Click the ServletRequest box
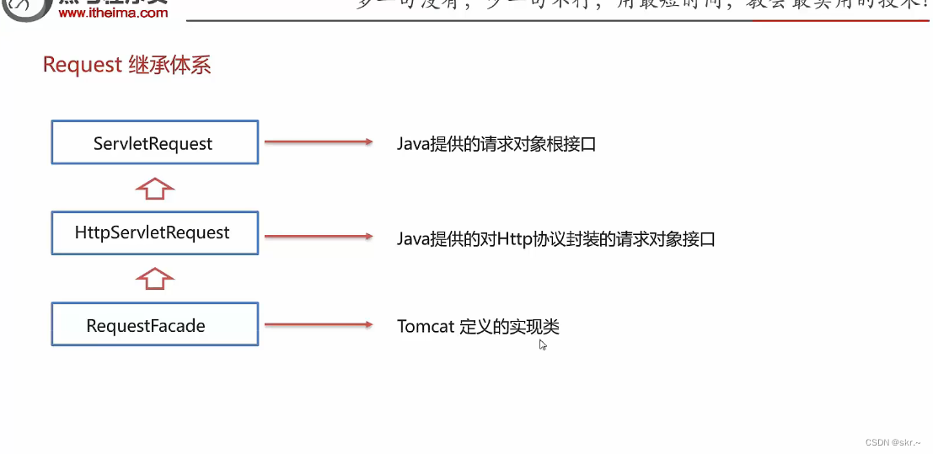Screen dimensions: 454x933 [x=154, y=142]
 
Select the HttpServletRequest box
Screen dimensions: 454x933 [x=154, y=233]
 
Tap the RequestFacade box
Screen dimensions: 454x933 [x=154, y=325]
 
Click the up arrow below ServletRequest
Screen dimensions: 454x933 [x=155, y=188]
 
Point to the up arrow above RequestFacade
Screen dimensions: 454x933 [x=155, y=279]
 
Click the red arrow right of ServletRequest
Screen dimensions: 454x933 [x=318, y=142]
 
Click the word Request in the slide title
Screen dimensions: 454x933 [x=83, y=65]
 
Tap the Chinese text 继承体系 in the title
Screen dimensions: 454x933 [x=169, y=65]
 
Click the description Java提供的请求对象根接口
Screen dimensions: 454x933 [x=496, y=144]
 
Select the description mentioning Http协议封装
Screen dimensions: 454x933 [x=556, y=239]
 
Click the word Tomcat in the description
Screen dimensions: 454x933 [x=426, y=327]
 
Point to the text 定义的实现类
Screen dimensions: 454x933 [x=509, y=327]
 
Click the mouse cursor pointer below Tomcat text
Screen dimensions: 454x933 [x=543, y=344]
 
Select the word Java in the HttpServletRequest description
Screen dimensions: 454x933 [x=414, y=239]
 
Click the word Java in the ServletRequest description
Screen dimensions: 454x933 [x=414, y=144]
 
